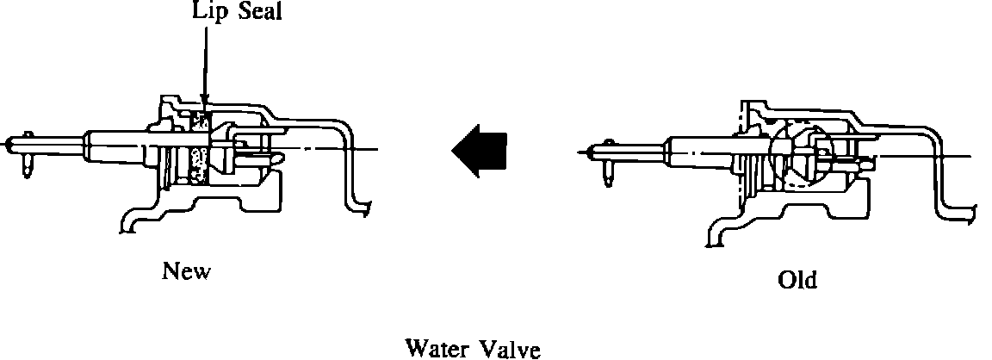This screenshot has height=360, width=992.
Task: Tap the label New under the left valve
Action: pos(186,272)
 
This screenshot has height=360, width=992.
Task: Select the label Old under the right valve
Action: pos(797,280)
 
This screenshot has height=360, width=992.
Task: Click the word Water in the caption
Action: pos(437,349)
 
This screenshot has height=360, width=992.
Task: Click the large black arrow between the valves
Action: pos(479,152)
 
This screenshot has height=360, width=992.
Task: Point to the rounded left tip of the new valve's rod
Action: pos(8,143)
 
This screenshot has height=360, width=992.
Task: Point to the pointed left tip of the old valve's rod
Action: pos(588,152)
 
